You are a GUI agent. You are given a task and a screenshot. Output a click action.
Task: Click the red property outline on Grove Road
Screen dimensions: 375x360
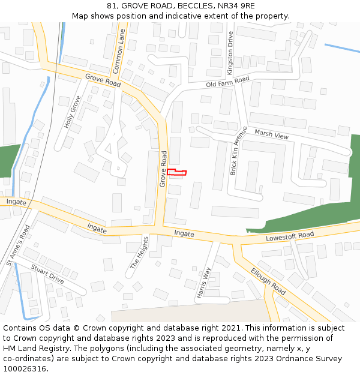point(176,173)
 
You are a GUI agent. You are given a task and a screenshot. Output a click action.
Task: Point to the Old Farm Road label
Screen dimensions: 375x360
point(227,82)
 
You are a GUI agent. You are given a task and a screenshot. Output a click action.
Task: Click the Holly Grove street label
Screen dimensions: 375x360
point(72,112)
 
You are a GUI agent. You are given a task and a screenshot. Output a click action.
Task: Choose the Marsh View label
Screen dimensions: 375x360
point(271,134)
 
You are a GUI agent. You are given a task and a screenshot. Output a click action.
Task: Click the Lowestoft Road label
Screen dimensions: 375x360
point(290,238)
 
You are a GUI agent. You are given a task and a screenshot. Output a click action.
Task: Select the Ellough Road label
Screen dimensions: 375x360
point(268,280)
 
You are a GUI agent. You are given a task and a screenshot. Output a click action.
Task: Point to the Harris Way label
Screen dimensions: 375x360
point(203,283)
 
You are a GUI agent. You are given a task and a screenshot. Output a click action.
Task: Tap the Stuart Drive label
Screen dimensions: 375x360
point(47,274)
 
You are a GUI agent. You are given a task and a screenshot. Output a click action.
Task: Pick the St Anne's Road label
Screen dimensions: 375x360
point(18,245)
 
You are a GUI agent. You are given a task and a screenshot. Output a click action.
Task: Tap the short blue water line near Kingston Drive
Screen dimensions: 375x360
point(342,49)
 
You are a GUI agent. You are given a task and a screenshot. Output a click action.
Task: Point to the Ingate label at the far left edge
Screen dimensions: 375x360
point(16,202)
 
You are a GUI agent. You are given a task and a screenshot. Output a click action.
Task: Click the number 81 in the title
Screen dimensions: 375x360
point(112,5)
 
